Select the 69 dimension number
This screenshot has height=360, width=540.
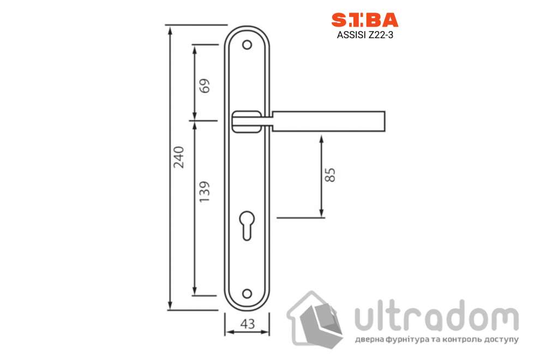205,86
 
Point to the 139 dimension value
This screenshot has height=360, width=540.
205,193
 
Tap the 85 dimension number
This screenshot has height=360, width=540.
330,175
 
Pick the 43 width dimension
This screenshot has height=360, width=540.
248,324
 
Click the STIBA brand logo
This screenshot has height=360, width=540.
365,20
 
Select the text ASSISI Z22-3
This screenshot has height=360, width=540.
365,37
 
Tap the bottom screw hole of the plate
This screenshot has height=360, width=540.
248,294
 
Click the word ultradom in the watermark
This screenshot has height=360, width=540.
436,316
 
